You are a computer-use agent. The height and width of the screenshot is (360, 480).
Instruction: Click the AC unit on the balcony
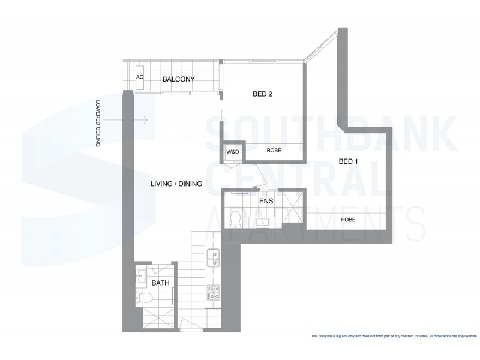[140, 77]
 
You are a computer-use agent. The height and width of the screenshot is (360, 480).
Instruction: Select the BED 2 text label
[262, 94]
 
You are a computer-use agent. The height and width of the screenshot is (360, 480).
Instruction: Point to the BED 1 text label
[348, 161]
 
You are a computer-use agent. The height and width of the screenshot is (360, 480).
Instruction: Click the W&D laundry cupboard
[233, 152]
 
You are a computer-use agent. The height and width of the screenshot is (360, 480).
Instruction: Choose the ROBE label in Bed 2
[274, 152]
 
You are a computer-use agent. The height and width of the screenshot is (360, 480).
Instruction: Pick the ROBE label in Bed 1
[348, 220]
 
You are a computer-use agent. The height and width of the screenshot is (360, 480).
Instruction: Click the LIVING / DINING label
[176, 184]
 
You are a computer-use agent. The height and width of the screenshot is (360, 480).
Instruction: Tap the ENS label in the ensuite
[266, 201]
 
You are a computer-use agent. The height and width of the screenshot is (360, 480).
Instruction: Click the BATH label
[160, 283]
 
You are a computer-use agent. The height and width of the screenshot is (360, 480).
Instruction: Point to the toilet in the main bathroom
[145, 298]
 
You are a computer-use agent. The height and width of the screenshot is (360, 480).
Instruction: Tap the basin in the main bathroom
[141, 275]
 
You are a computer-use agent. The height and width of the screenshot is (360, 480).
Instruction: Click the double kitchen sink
[212, 258]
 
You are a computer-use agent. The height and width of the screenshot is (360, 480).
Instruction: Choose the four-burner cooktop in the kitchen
[213, 293]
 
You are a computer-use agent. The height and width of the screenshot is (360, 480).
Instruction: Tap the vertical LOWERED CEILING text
[98, 123]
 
